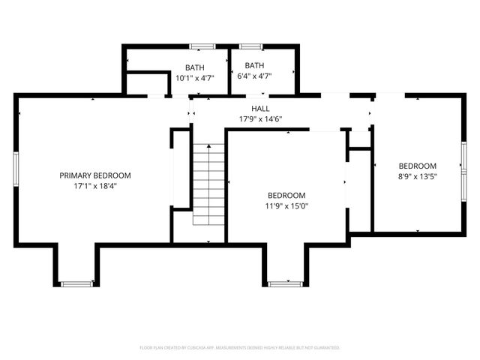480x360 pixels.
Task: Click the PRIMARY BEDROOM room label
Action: point(95,175)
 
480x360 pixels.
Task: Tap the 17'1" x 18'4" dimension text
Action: point(95,186)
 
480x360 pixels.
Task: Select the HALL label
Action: point(260,109)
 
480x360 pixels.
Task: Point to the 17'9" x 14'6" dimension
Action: point(260,119)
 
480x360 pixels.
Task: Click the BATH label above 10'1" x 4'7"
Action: point(194,67)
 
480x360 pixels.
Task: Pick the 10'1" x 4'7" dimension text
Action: point(194,78)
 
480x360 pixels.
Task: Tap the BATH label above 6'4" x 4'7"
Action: point(254,65)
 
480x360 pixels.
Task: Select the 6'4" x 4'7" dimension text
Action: point(254,76)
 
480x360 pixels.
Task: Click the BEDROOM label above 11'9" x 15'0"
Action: point(286,195)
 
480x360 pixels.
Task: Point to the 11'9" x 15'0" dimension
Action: point(286,205)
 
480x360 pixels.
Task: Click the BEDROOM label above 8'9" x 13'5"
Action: point(417,166)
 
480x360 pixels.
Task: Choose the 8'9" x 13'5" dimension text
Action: point(417,177)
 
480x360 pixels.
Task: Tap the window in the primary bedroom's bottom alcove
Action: point(75,283)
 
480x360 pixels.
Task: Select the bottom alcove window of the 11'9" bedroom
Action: point(283,283)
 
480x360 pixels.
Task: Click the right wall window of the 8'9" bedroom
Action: point(463,166)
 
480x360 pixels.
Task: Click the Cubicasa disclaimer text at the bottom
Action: point(240,348)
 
